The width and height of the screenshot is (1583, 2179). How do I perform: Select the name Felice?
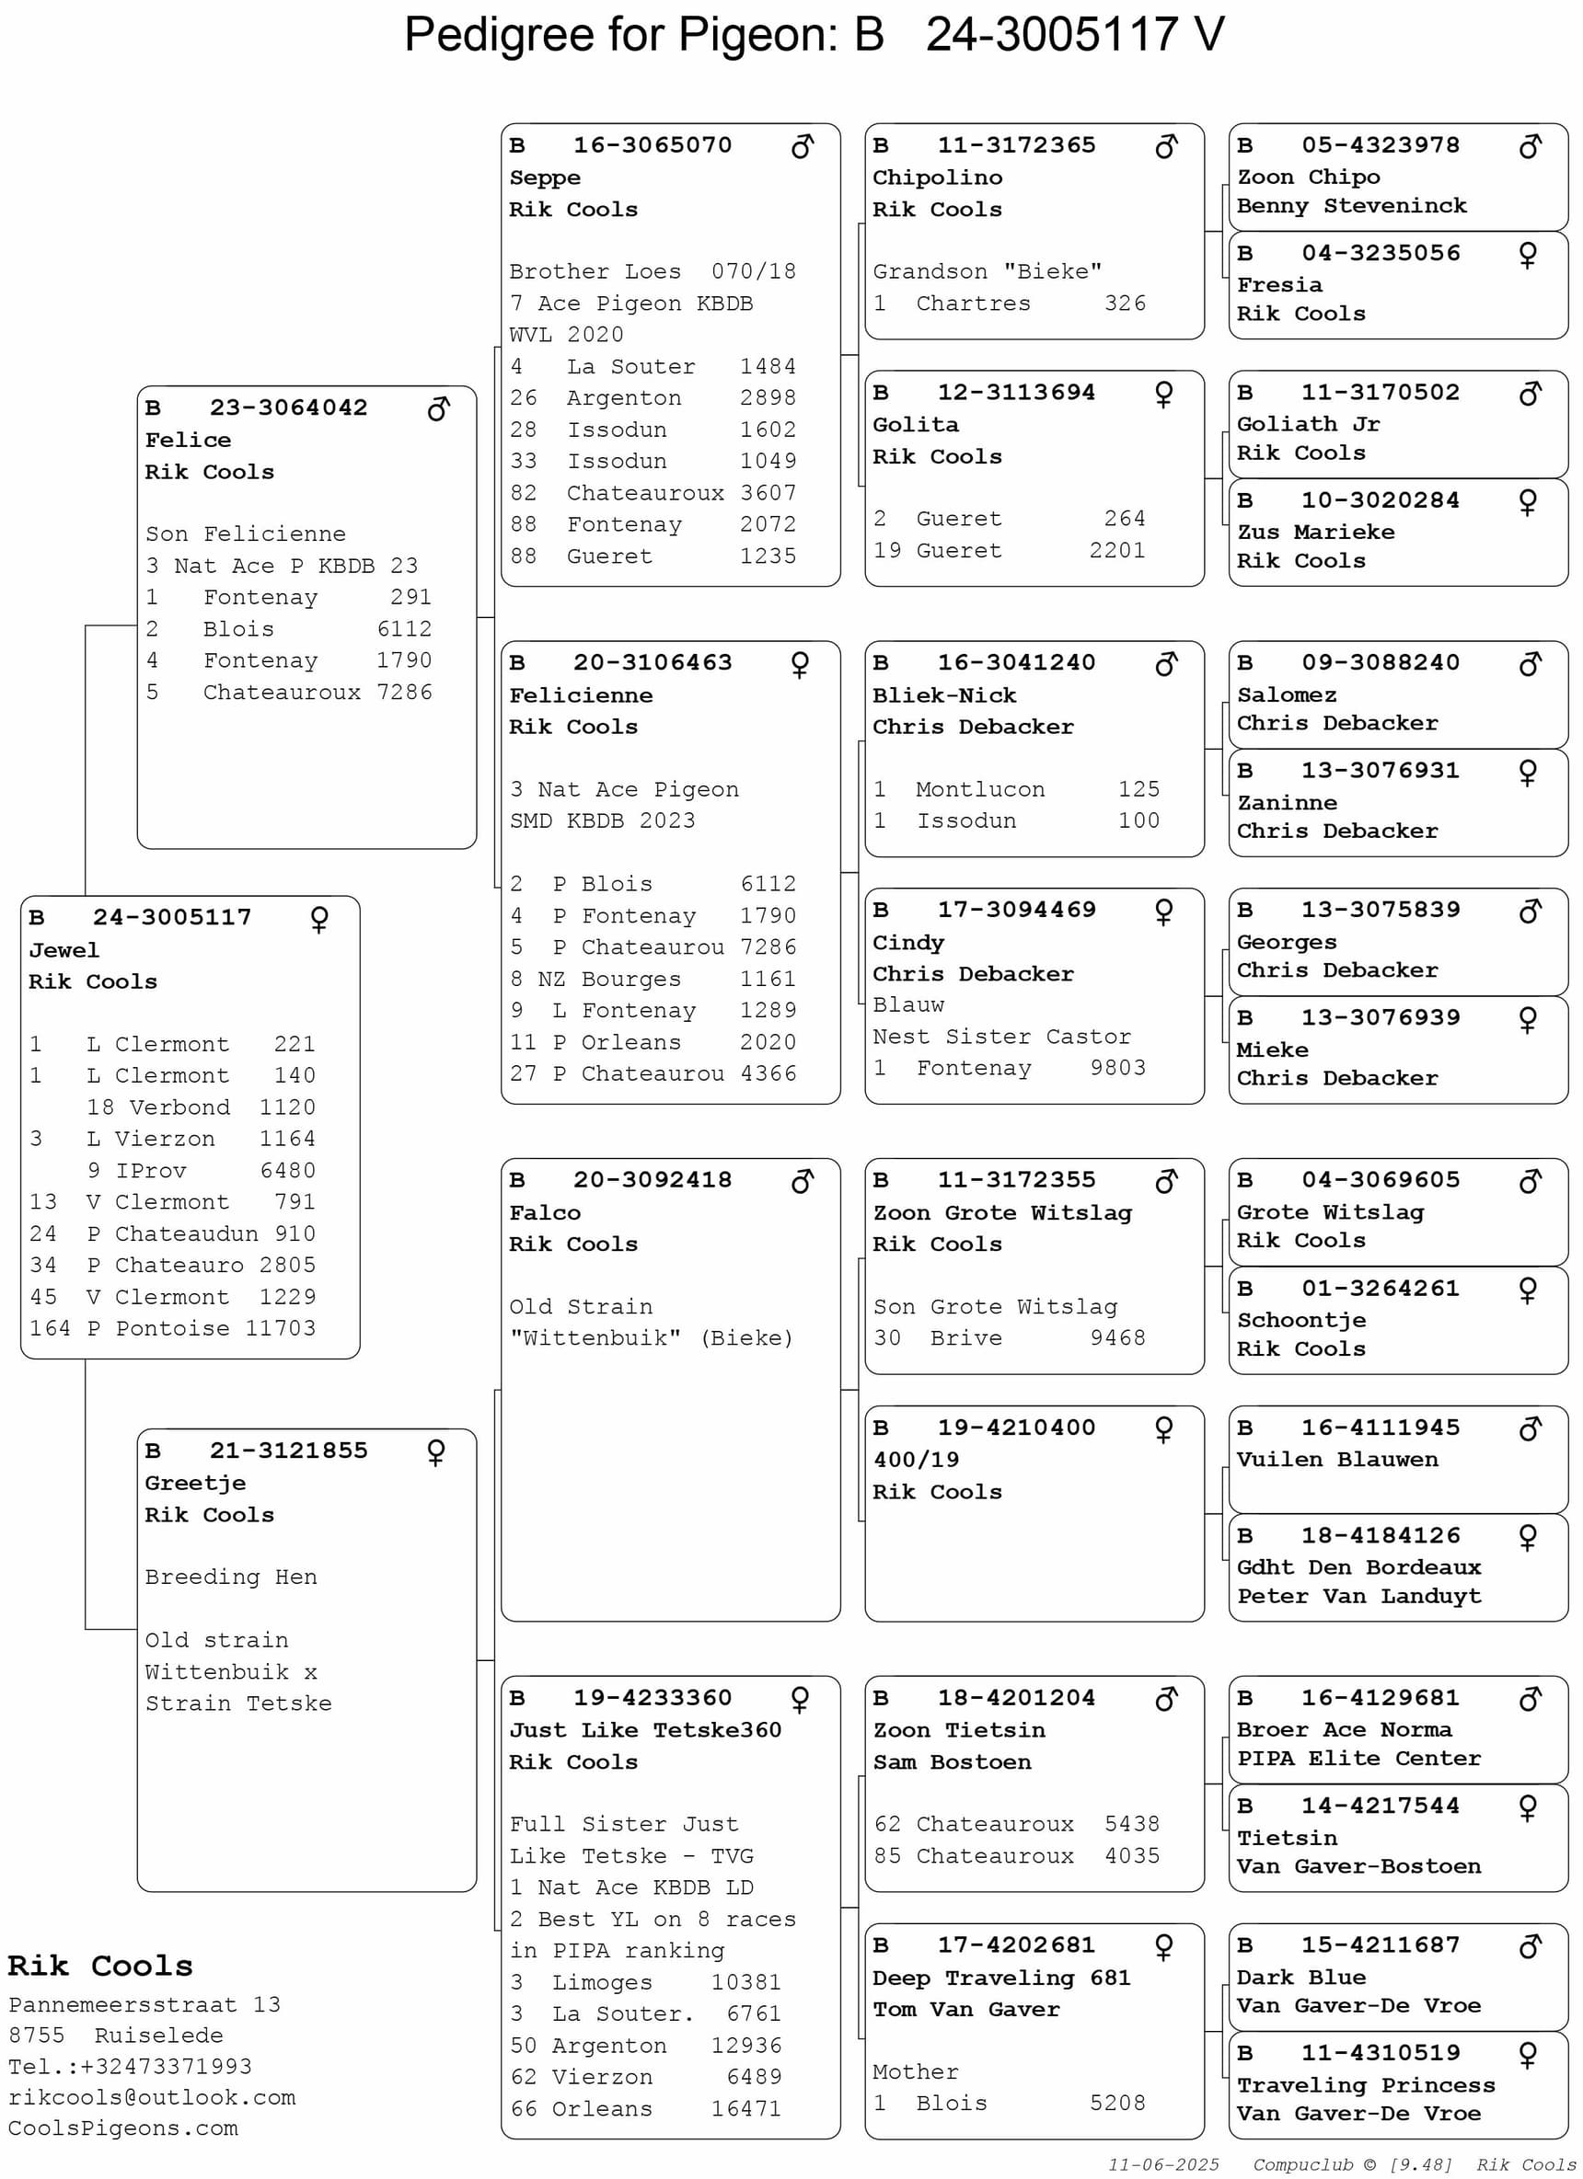pos(188,440)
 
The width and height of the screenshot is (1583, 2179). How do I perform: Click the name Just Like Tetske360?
pos(645,1729)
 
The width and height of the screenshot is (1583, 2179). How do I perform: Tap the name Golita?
pos(915,425)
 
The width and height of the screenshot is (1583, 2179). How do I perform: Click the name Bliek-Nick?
pos(944,694)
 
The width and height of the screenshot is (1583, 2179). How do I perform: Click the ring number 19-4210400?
pos(1016,1428)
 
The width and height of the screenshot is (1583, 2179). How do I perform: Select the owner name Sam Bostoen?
pos(952,1762)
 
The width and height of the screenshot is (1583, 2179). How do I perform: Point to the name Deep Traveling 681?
pos(1000,1978)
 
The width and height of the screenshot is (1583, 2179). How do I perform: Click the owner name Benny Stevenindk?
pos(1351,206)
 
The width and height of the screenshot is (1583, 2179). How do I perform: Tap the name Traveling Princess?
pos(1365,2085)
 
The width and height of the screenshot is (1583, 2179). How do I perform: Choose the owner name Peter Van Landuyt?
pos(1358,1596)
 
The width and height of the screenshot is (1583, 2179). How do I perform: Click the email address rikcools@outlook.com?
pos(152,2097)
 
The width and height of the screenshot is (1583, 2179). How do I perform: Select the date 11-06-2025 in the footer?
pos(1163,2164)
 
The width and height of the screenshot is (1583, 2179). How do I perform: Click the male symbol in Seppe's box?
pos(802,146)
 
